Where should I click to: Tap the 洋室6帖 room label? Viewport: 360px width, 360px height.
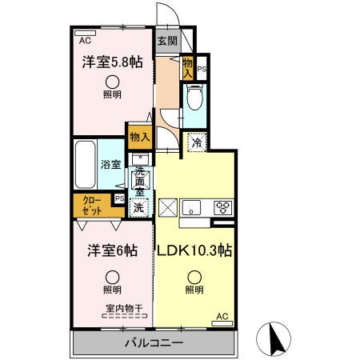(112, 250)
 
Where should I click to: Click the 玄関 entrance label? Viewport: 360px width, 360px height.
(166, 42)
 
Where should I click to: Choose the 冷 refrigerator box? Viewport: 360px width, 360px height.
(196, 144)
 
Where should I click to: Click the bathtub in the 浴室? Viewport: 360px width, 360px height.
(85, 164)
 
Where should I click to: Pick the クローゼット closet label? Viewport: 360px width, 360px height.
(91, 206)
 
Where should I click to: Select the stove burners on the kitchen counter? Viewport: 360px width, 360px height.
(222, 206)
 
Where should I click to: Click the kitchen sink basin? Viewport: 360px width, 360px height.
(193, 206)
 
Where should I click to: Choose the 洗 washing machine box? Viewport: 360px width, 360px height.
(139, 206)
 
